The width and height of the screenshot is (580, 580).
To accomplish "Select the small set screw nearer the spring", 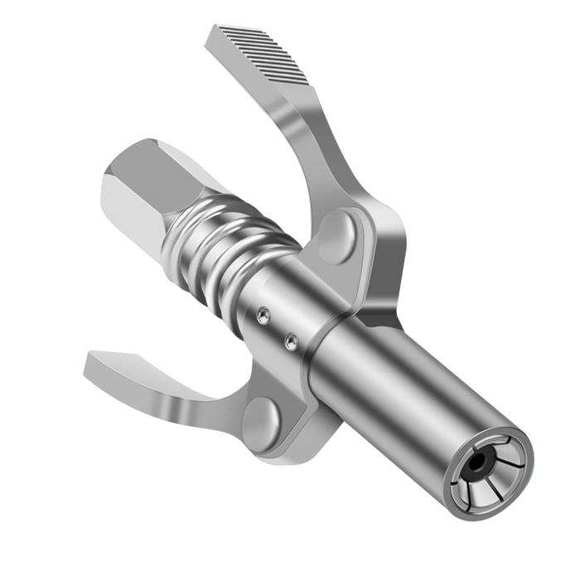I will click(x=263, y=315).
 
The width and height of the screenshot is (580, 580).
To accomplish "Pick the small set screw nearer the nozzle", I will click(x=291, y=340).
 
